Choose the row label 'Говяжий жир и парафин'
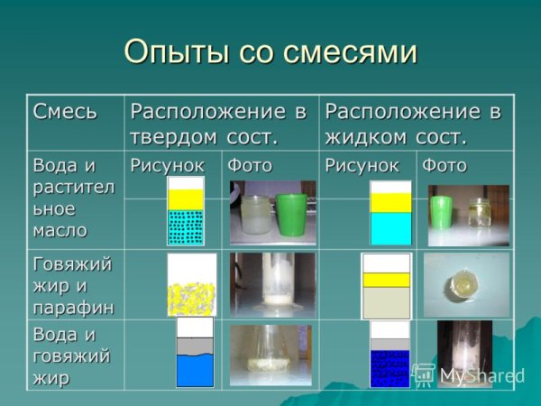(73, 285)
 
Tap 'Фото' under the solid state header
(249, 165)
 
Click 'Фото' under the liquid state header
(445, 165)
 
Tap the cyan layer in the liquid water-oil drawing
(390, 228)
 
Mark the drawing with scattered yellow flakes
(191, 285)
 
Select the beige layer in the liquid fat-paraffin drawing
(386, 300)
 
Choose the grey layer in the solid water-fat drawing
(195, 345)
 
